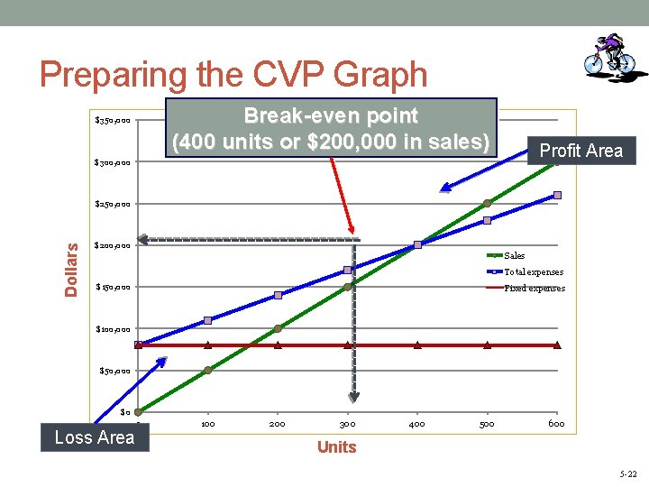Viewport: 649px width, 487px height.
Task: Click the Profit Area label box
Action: (x=580, y=151)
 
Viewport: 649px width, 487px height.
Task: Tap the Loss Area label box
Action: (x=94, y=437)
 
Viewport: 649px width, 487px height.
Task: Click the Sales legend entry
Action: (x=514, y=256)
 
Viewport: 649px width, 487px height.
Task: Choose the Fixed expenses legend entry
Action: (x=535, y=289)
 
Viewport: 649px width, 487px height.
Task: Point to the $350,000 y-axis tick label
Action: (x=113, y=120)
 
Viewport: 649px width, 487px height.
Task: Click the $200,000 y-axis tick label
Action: (x=113, y=245)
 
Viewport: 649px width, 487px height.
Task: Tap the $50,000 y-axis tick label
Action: (x=114, y=371)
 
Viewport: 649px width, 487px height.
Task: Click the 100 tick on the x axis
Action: (x=207, y=423)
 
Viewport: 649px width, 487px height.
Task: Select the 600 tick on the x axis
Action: (x=556, y=423)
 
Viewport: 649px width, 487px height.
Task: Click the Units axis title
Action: (x=336, y=447)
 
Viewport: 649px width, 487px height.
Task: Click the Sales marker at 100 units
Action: (x=207, y=370)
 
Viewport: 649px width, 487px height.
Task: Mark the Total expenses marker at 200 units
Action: (x=278, y=295)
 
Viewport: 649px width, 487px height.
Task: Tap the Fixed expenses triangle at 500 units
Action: (x=487, y=345)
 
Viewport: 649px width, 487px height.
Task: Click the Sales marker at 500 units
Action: (x=487, y=203)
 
